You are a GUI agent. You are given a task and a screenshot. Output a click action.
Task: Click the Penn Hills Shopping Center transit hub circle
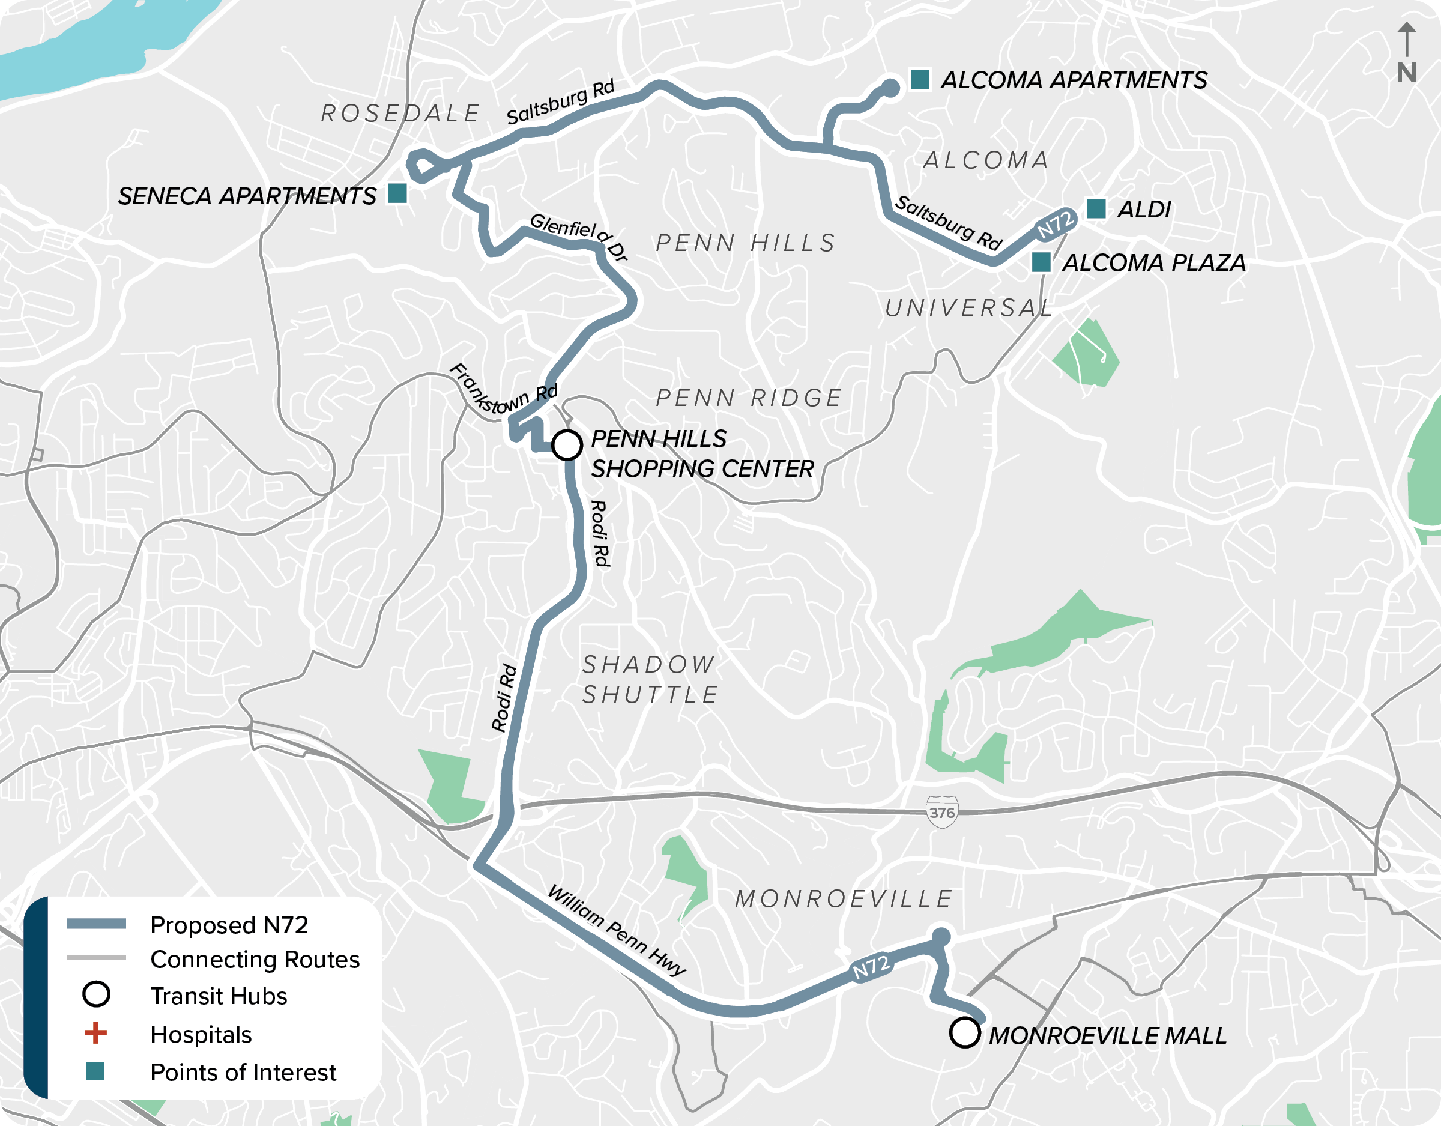tap(567, 445)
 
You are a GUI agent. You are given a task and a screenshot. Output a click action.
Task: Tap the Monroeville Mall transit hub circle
tap(965, 1033)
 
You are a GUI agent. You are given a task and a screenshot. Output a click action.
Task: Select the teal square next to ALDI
tap(1096, 208)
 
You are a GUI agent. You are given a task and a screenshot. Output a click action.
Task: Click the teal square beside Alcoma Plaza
tap(1041, 262)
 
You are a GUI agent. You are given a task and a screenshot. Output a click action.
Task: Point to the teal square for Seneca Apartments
tap(397, 193)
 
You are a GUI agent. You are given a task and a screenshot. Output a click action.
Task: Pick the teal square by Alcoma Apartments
tap(920, 79)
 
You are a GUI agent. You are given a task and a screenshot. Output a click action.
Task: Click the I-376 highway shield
tap(941, 813)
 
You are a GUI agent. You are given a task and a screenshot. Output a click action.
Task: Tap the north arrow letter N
tap(1406, 73)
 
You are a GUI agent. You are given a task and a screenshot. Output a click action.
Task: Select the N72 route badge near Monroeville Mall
tap(871, 967)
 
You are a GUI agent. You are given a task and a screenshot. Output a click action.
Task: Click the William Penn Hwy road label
tap(617, 931)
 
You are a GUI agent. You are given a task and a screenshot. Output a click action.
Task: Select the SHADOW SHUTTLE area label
tap(650, 679)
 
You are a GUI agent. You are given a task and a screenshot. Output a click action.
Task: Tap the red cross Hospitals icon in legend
tap(95, 1033)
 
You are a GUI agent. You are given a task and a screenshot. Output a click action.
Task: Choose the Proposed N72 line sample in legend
tap(96, 924)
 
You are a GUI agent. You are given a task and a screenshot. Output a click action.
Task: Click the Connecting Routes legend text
tap(255, 959)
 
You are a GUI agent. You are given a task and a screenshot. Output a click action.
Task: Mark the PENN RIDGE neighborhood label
tap(749, 398)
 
